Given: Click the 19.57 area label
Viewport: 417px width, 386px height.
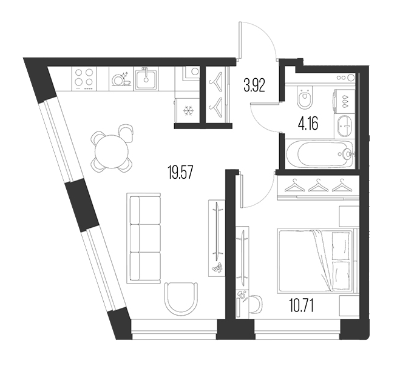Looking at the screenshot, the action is pyautogui.click(x=180, y=172).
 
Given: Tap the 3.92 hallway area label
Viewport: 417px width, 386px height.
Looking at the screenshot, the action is pyautogui.click(x=254, y=85).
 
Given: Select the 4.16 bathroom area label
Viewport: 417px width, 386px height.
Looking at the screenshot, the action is pyautogui.click(x=308, y=124).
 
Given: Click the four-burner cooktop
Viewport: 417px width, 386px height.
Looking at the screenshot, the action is pyautogui.click(x=84, y=79).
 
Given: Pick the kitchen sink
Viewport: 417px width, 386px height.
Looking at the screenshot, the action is pyautogui.click(x=146, y=79).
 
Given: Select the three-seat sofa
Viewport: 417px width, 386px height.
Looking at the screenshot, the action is pyautogui.click(x=144, y=238).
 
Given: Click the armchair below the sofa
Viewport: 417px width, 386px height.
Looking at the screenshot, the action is pyautogui.click(x=181, y=298).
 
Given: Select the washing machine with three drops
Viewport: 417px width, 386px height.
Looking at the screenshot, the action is pyautogui.click(x=344, y=101).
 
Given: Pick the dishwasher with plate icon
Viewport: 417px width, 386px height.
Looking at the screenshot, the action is pyautogui.click(x=121, y=79).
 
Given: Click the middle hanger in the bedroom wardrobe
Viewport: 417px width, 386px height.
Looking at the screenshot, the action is pyautogui.click(x=318, y=185).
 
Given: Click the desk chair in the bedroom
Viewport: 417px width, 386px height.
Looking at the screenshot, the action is pyautogui.click(x=256, y=304).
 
